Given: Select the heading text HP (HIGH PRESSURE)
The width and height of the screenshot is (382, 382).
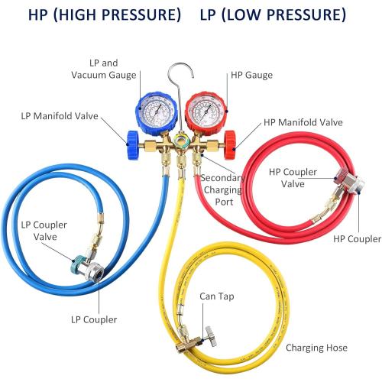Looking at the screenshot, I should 95,16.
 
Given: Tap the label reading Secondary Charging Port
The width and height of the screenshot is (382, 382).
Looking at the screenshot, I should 223,189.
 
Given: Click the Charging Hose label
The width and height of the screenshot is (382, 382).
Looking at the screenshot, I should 316,348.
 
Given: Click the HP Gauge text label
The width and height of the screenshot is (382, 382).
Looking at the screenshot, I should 251,75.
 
